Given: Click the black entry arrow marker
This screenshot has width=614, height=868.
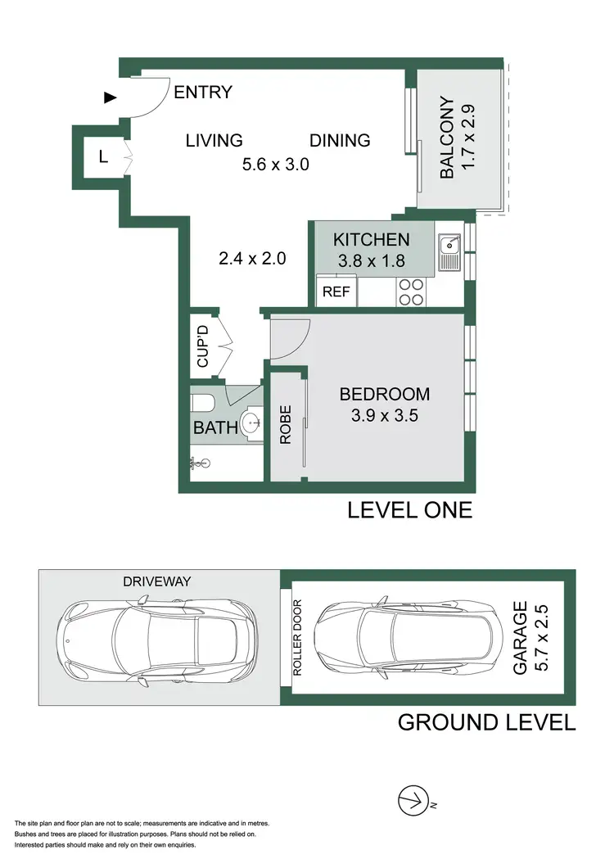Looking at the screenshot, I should (x=111, y=98).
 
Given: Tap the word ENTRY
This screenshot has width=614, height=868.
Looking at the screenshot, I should (x=203, y=93).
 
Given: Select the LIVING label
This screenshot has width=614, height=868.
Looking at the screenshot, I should (x=214, y=140).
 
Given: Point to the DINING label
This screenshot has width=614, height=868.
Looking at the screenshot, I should (x=340, y=140).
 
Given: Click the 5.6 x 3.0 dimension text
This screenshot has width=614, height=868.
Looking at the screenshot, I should (x=275, y=165).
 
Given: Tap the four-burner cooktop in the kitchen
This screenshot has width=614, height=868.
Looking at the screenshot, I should (x=410, y=292).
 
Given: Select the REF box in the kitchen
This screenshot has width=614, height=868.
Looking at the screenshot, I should (x=336, y=292).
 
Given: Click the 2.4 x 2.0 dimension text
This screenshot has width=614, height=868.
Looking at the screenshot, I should (x=252, y=259).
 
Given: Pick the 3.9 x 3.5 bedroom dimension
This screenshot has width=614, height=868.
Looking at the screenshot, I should (x=385, y=415).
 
